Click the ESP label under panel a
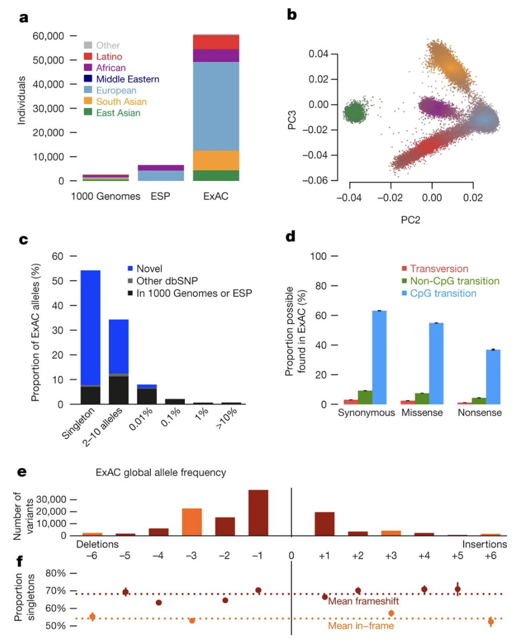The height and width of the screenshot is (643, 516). [x=160, y=197]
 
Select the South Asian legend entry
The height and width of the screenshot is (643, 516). [x=121, y=101]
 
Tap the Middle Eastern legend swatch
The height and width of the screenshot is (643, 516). [x=88, y=79]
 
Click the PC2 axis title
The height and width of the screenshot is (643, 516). [x=410, y=220]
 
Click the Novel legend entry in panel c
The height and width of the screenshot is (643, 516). [x=149, y=269]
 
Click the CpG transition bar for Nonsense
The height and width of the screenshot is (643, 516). [x=492, y=376]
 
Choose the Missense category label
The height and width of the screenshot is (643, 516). [x=422, y=412]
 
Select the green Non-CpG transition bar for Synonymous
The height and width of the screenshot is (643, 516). [x=365, y=397]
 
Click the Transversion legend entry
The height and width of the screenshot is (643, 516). [x=439, y=269]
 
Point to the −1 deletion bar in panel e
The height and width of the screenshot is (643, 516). [x=258, y=513]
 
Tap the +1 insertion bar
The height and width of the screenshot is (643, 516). [x=324, y=524]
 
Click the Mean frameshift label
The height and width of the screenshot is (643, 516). [x=363, y=602]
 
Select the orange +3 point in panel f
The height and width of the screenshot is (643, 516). [x=391, y=613]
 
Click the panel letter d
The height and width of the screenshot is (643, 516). [x=290, y=237]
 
